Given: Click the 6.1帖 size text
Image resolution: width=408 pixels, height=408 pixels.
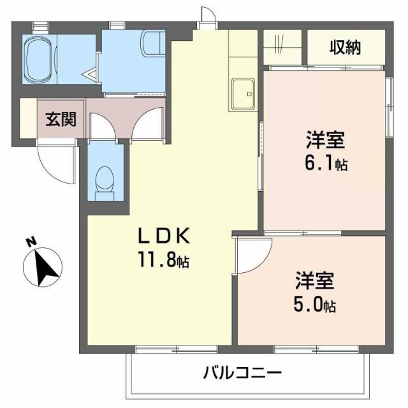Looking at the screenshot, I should [x=326, y=163].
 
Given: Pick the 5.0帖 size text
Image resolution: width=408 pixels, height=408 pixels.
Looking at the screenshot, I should [x=315, y=305].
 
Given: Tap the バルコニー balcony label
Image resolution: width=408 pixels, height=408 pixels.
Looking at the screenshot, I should [x=242, y=372].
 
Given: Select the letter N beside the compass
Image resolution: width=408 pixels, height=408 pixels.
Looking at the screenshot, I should [x=29, y=242].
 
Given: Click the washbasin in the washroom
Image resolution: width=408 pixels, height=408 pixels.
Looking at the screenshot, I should [x=153, y=44].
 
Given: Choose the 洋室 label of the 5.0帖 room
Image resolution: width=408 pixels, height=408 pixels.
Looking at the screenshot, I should [x=315, y=280].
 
